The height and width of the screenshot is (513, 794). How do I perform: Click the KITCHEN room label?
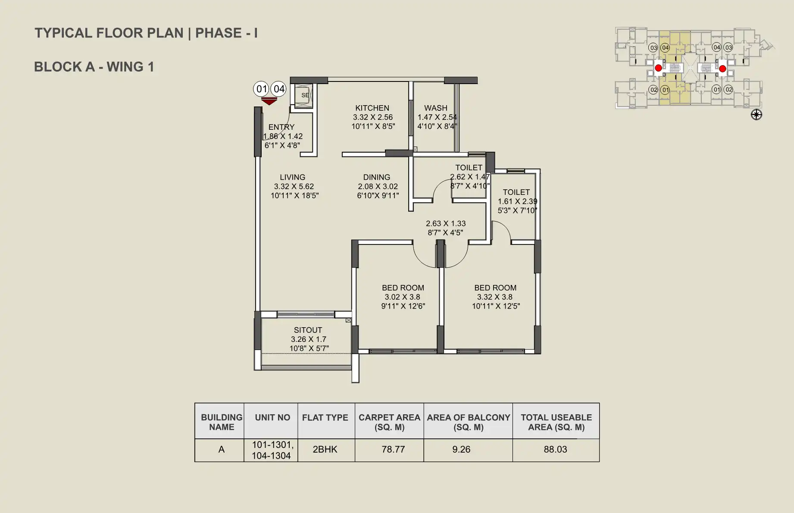372,108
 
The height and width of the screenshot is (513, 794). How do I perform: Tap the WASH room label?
435,108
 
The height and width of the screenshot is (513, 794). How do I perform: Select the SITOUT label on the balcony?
308,330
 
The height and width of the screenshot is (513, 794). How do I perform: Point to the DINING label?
376,177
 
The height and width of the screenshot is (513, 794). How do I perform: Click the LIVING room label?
292,177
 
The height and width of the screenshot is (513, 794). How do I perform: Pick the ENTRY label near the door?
281,127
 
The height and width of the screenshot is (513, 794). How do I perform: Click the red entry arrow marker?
269,101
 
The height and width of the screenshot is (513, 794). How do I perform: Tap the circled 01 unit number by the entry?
262,89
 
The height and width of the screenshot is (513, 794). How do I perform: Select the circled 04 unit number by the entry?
279,89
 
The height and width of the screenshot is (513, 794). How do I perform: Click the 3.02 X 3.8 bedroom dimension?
402,297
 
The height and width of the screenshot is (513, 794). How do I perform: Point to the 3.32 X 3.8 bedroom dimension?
494,297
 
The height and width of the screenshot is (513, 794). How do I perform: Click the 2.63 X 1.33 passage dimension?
446,224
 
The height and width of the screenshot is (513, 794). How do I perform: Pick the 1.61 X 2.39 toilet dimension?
517,201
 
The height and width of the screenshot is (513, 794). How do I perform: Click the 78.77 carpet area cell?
393,450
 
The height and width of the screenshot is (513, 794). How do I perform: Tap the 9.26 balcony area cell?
461,450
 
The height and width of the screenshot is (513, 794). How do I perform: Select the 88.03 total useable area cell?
555,450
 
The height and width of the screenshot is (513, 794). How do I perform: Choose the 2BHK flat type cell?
325,450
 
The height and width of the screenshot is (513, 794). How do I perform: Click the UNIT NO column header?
272,418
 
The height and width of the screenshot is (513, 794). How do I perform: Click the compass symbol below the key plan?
756,115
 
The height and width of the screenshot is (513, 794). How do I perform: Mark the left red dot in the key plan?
658,68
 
